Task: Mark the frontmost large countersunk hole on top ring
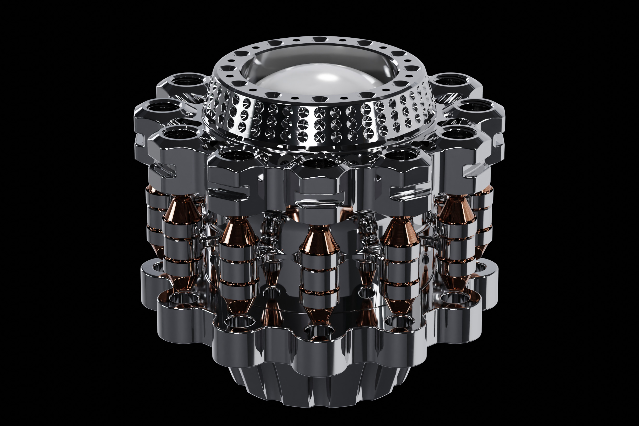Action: [319, 99]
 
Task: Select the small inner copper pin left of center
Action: [272, 277]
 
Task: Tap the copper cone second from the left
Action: [238, 234]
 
